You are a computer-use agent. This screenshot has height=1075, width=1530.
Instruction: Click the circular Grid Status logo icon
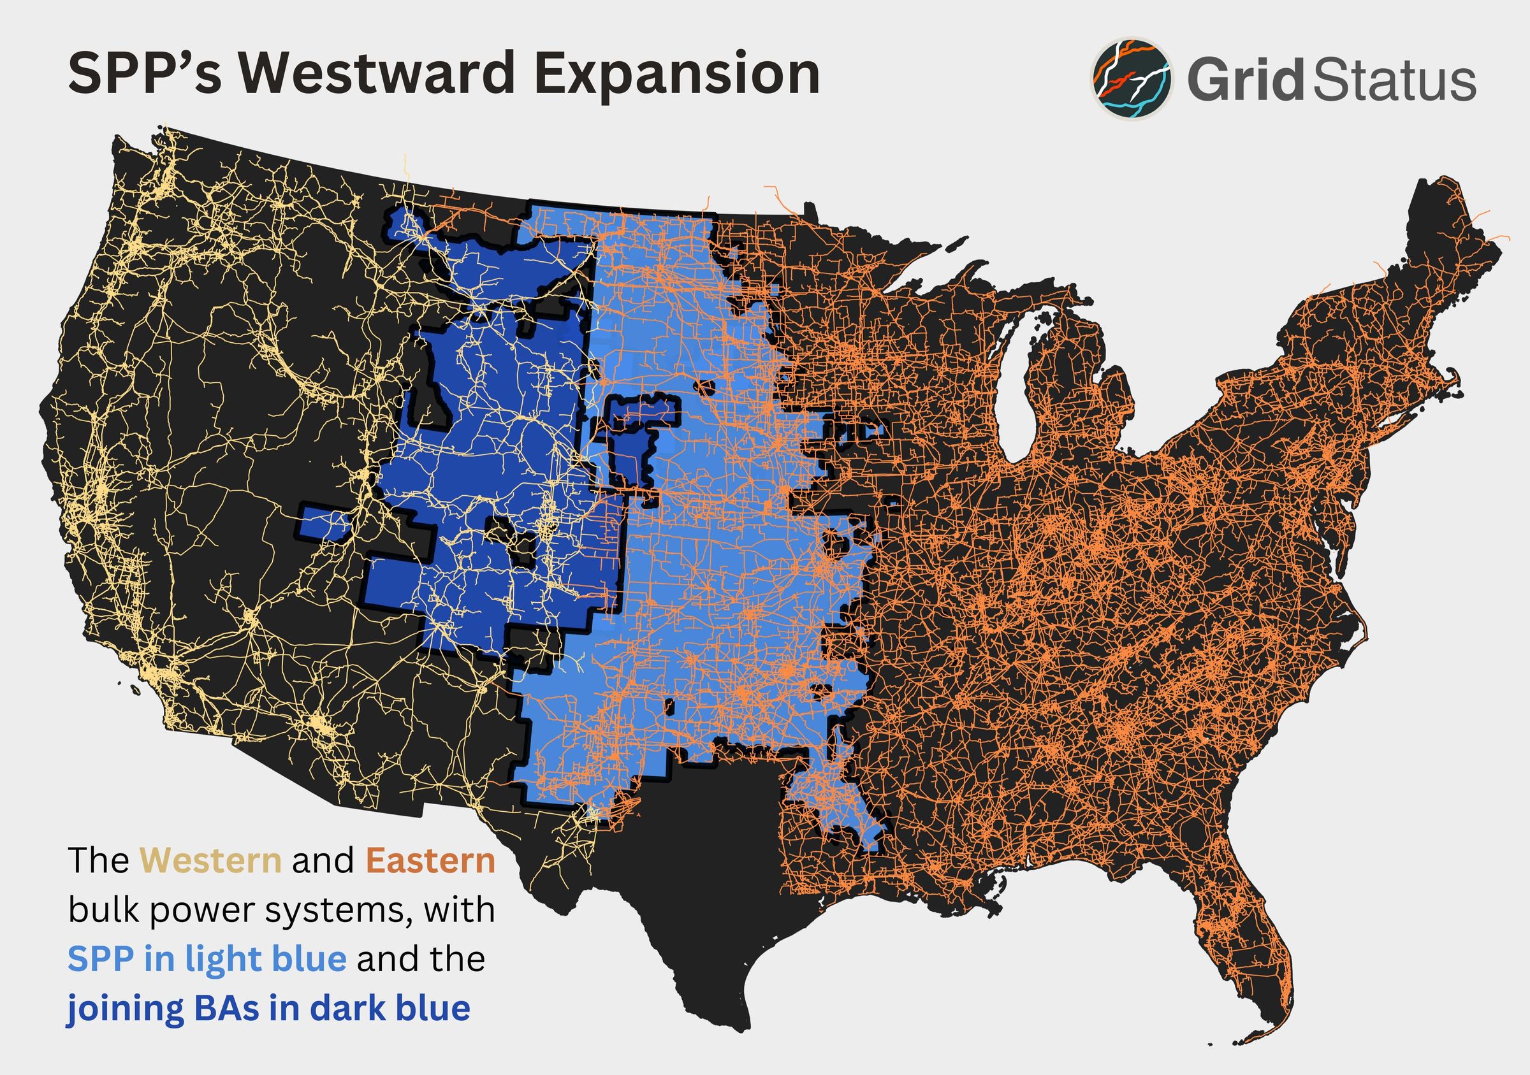tap(1132, 79)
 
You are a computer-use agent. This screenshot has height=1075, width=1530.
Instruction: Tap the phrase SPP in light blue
tap(207, 959)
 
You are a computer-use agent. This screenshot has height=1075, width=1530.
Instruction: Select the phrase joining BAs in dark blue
tap(268, 1008)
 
